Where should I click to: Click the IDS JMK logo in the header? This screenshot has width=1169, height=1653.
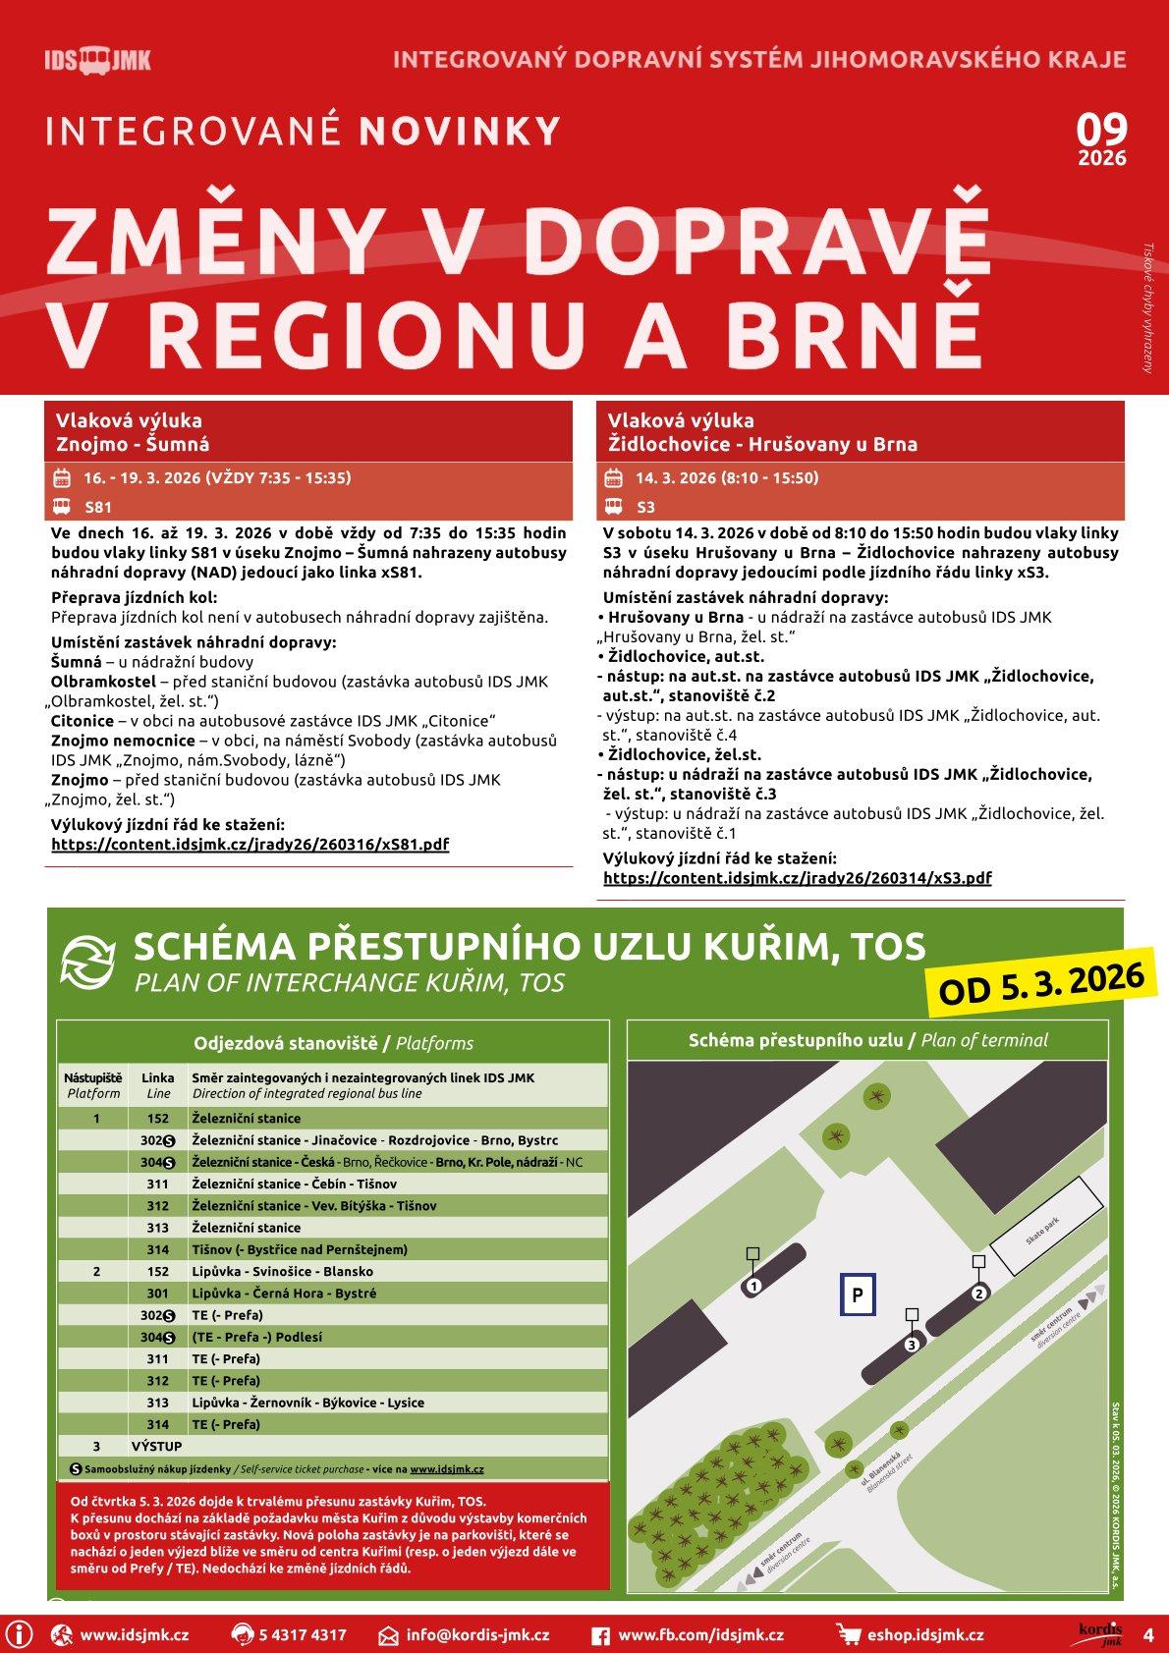click(x=97, y=61)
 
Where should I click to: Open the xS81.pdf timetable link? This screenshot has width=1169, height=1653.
click(x=250, y=844)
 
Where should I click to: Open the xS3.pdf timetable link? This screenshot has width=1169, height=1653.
click(x=797, y=877)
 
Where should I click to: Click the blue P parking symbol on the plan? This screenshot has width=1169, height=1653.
click(x=858, y=1295)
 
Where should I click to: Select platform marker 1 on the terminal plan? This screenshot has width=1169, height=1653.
click(x=753, y=1285)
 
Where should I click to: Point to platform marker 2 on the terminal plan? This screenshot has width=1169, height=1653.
click(x=978, y=1293)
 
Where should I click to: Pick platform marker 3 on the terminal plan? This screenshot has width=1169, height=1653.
click(x=912, y=1344)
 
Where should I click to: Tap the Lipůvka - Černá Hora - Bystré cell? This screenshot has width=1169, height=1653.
click(x=284, y=1294)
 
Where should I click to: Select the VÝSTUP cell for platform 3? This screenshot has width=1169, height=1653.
click(x=157, y=1446)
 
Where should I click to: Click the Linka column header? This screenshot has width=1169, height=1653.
click(x=157, y=1084)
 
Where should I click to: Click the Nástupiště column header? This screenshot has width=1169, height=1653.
click(x=93, y=1084)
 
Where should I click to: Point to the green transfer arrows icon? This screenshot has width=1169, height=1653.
click(x=89, y=960)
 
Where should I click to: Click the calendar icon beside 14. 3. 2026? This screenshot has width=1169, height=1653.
click(x=613, y=478)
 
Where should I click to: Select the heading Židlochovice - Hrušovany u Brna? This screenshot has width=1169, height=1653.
click(x=762, y=444)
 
